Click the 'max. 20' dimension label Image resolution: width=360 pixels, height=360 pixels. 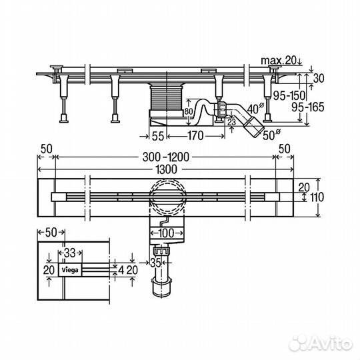279,61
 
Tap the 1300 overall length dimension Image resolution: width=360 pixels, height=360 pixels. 166,170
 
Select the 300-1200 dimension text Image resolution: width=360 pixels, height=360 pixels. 166,157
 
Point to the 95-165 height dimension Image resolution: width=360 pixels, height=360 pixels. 307,107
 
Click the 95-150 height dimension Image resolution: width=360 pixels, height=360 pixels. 289,95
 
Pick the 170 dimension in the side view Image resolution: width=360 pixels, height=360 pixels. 195,136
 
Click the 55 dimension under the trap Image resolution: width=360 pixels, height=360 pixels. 158,136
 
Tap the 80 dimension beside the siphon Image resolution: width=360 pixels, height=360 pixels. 189,111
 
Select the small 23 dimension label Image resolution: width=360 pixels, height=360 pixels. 231,122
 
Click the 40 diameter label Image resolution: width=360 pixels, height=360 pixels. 255,109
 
